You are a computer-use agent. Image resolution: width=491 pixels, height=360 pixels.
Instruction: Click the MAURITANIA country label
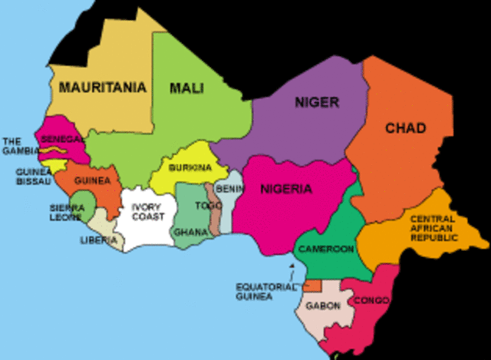pos(101,88)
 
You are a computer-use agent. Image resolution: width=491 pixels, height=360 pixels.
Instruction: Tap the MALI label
pos(187,88)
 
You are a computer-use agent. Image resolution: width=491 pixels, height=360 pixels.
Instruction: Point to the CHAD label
pos(404,128)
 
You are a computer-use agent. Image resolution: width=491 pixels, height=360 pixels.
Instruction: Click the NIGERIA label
pos(285,189)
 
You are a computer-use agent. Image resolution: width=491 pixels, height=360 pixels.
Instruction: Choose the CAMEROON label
pos(326,249)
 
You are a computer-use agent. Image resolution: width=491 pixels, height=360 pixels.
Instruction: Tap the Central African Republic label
pos(432,228)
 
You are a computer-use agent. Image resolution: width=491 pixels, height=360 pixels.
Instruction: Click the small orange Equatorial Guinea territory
pos(311,286)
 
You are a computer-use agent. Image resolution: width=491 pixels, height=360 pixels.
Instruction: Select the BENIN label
pos(230,188)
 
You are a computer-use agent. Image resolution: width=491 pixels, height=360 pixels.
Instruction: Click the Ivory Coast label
pos(147,212)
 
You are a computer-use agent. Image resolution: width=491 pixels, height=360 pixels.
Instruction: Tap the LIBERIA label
pos(98,240)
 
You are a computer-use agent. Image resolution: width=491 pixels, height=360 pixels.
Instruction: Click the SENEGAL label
pos(62,139)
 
